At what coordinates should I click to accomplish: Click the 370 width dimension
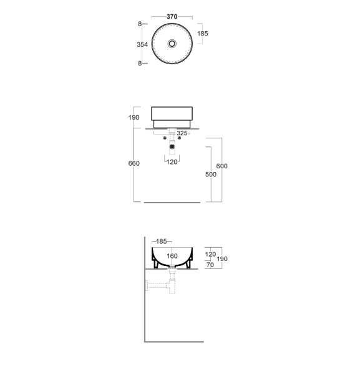(x=172, y=17)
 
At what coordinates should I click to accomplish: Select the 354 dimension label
(x=142, y=44)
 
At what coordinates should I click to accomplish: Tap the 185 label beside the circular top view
(x=203, y=34)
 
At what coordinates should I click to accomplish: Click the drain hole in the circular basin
(x=172, y=44)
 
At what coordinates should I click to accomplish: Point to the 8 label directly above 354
(x=140, y=24)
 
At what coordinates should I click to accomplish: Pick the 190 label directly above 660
(x=134, y=118)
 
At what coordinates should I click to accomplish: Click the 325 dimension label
(x=182, y=133)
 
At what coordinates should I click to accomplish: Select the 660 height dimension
(x=134, y=163)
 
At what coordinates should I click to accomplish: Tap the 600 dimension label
(x=221, y=166)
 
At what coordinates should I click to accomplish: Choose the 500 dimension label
(x=211, y=174)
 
